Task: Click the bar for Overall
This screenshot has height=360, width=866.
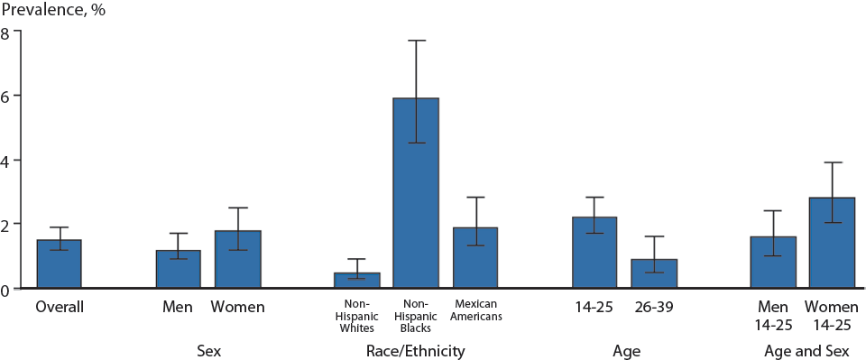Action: [x=59, y=264]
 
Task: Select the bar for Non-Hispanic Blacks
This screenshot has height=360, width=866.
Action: [x=416, y=193]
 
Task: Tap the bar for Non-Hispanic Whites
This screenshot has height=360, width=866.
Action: [x=357, y=281]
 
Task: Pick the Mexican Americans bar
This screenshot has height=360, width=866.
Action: [x=474, y=258]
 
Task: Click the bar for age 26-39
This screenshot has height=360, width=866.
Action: [x=654, y=273]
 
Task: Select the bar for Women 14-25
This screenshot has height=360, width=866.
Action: [x=832, y=243]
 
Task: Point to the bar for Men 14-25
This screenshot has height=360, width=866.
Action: [x=773, y=263]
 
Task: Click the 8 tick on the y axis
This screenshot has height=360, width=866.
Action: [x=6, y=32]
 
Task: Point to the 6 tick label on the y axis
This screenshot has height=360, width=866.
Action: [x=6, y=97]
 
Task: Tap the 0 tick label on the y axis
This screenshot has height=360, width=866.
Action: [x=6, y=290]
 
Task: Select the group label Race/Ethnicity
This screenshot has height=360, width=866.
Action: [x=416, y=351]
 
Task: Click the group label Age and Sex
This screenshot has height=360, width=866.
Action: [x=802, y=351]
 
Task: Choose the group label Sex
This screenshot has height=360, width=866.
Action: [x=209, y=351]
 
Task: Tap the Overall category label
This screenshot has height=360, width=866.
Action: [x=60, y=308]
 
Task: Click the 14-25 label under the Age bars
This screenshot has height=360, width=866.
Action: [x=594, y=308]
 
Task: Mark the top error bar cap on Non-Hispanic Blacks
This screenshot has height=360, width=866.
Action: [x=416, y=41]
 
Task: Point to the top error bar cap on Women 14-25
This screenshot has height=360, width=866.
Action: [x=832, y=162]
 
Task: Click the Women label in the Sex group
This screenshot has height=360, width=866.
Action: [x=238, y=308]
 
